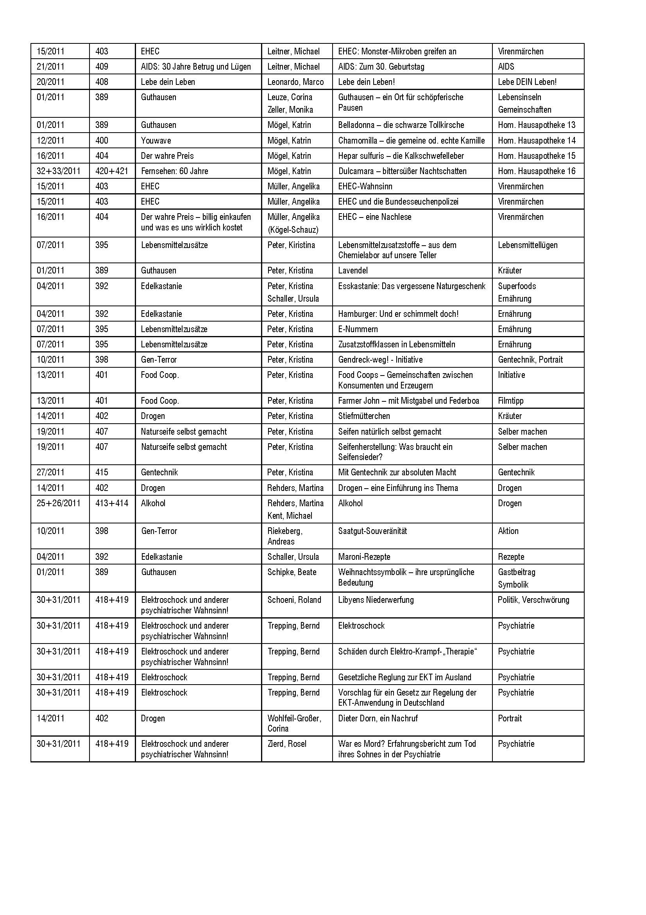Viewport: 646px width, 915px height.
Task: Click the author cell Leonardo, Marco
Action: [295, 82]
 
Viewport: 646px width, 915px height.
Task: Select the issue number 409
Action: [102, 67]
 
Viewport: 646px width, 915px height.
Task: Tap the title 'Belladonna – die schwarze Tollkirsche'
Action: [401, 125]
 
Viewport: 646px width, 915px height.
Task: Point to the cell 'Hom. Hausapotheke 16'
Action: [537, 171]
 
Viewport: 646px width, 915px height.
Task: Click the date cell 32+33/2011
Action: [59, 171]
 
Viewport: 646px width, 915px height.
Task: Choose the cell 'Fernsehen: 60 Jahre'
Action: [174, 171]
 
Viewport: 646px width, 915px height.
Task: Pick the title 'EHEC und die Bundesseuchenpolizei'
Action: [398, 201]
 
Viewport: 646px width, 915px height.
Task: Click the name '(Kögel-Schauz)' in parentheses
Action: [293, 230]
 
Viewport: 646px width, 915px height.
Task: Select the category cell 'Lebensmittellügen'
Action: [527, 245]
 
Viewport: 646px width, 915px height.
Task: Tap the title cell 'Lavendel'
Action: [353, 271]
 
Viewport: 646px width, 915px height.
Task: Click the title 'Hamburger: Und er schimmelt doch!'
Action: [398, 314]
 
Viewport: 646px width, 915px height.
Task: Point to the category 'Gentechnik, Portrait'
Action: [530, 360]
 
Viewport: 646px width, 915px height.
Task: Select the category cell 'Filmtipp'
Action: [511, 401]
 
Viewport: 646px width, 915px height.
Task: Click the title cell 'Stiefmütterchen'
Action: [364, 416]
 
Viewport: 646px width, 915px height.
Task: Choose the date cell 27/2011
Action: [50, 473]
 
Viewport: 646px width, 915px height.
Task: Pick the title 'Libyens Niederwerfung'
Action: [376, 600]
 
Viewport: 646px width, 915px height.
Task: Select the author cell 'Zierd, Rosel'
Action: [286, 744]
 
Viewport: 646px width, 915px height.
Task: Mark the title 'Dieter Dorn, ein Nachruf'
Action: [378, 719]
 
